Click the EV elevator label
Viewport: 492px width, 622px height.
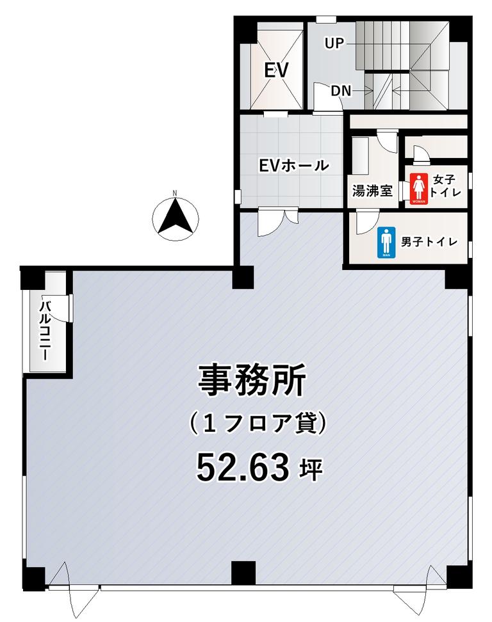(x=276, y=70)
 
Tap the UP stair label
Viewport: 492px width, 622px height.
(x=334, y=43)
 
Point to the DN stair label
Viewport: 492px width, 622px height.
(x=341, y=91)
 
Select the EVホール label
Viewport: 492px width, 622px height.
(x=294, y=165)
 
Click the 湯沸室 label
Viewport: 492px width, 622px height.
(x=372, y=191)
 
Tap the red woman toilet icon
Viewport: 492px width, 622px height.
(x=419, y=189)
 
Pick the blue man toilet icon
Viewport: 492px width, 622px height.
(x=386, y=243)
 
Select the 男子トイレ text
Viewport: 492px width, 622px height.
(x=429, y=242)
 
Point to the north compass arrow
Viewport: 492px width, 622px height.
(x=175, y=219)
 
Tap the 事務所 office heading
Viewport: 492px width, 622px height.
(x=252, y=380)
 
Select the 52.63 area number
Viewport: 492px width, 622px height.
(x=243, y=467)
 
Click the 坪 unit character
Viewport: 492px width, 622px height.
(x=311, y=470)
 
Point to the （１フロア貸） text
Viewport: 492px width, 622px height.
(x=259, y=424)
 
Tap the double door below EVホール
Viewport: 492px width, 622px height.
(x=277, y=222)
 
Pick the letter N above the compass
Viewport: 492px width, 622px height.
(x=175, y=193)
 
